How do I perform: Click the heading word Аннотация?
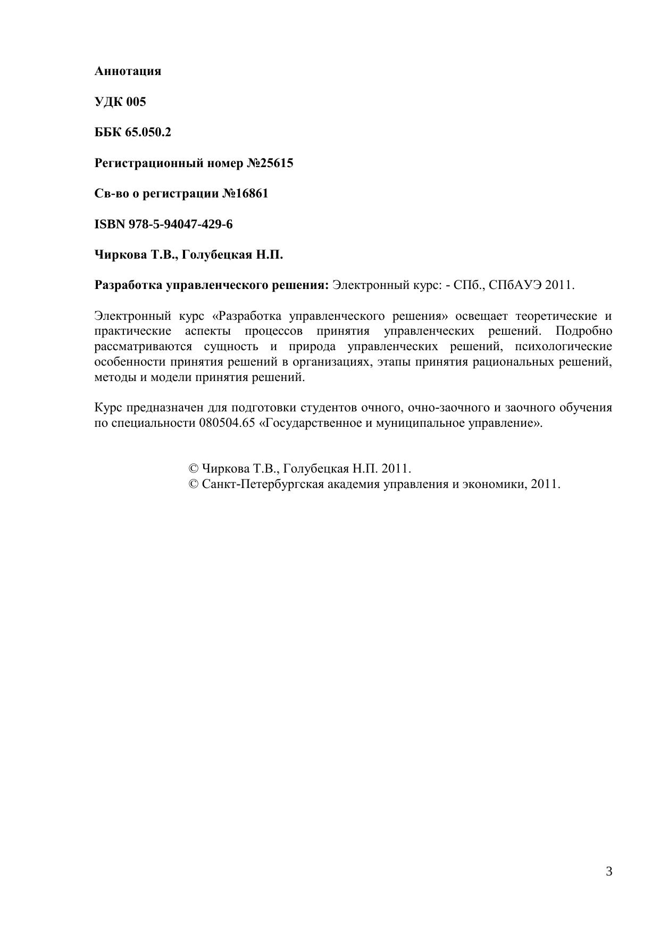128,71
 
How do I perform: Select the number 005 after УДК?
136,102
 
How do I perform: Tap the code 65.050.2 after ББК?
148,132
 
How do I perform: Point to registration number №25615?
270,163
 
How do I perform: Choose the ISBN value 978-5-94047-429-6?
180,224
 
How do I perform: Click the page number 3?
609,872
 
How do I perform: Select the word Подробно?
583,331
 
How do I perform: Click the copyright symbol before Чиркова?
194,469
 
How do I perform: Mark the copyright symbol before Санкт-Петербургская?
194,484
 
